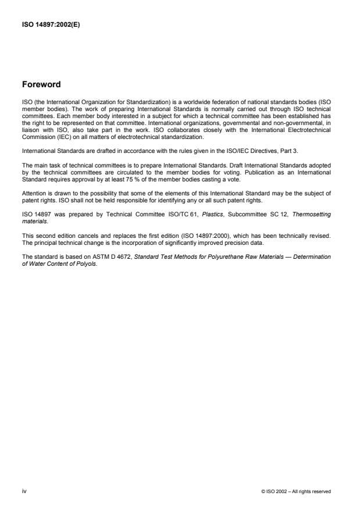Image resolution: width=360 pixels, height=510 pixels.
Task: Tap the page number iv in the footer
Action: [24, 491]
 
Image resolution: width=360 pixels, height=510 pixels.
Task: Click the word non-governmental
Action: [292, 124]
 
